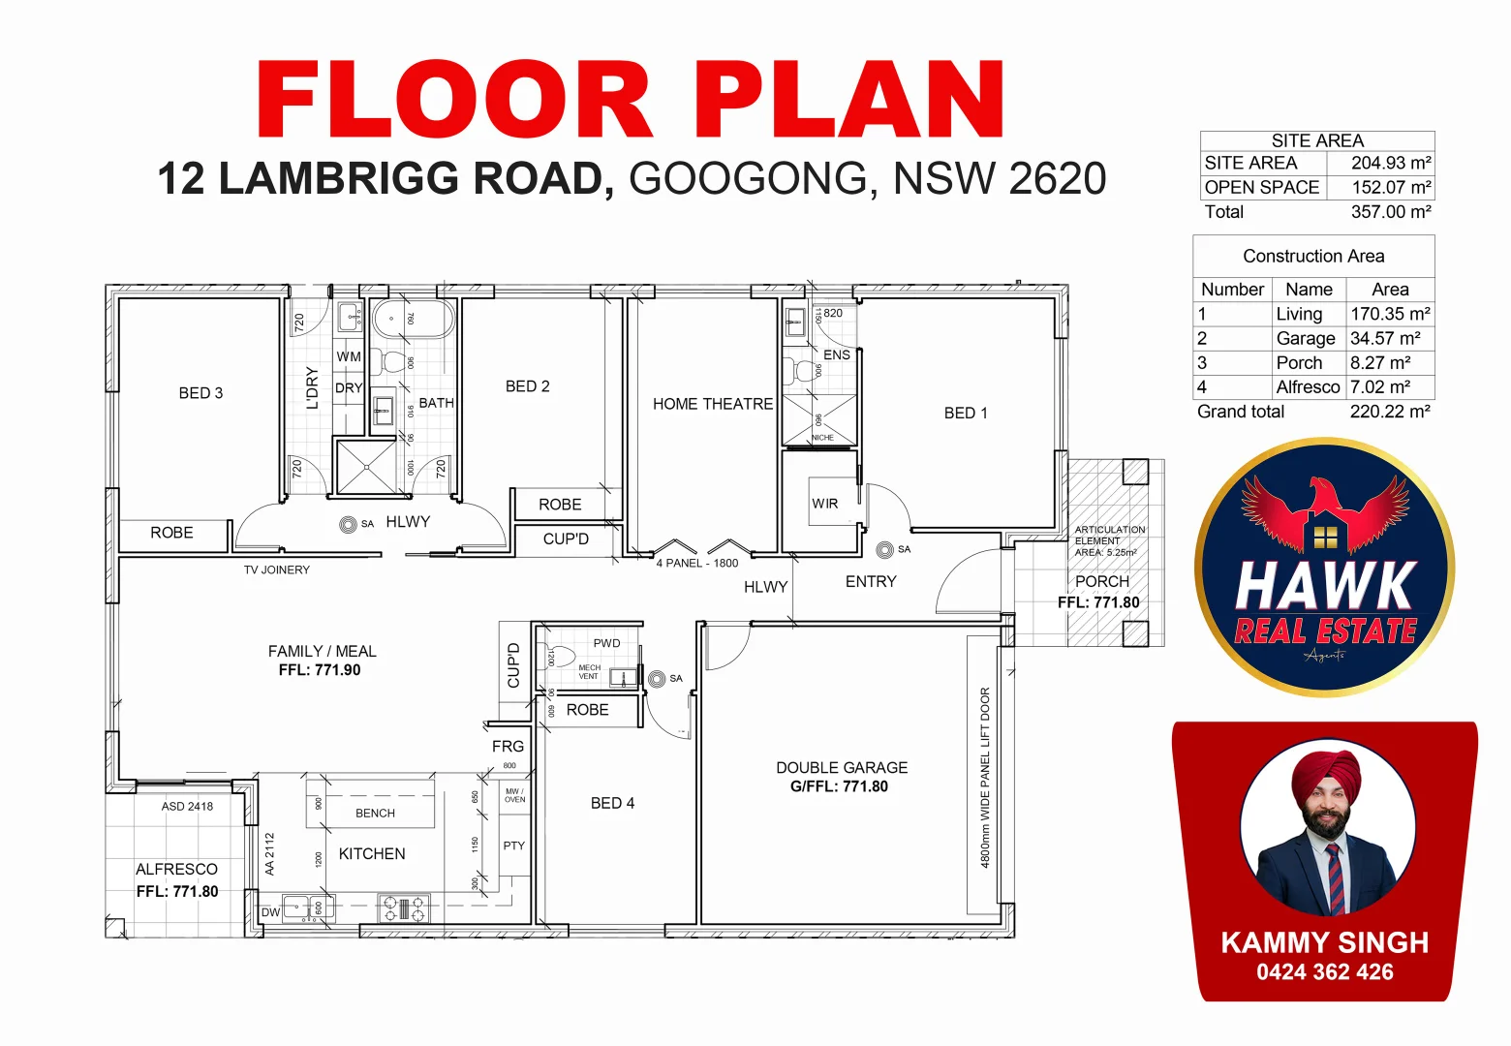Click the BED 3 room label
click(x=200, y=393)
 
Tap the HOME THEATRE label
click(x=712, y=404)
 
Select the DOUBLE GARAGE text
click(x=841, y=767)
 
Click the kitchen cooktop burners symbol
click(x=403, y=908)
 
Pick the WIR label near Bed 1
click(x=824, y=504)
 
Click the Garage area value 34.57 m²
click(x=1385, y=338)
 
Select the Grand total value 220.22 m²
click(x=1389, y=412)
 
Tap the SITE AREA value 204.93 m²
click(x=1390, y=163)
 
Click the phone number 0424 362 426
click(x=1324, y=972)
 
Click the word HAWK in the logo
click(x=1325, y=586)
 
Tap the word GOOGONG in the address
click(x=748, y=179)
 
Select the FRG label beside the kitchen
click(x=508, y=746)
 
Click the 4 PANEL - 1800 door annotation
click(x=696, y=563)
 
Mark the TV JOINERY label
click(x=277, y=569)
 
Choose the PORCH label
click(x=1101, y=581)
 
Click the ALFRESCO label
click(x=176, y=869)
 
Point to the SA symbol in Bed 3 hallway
click(x=349, y=524)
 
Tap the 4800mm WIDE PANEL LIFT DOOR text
click(x=985, y=777)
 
